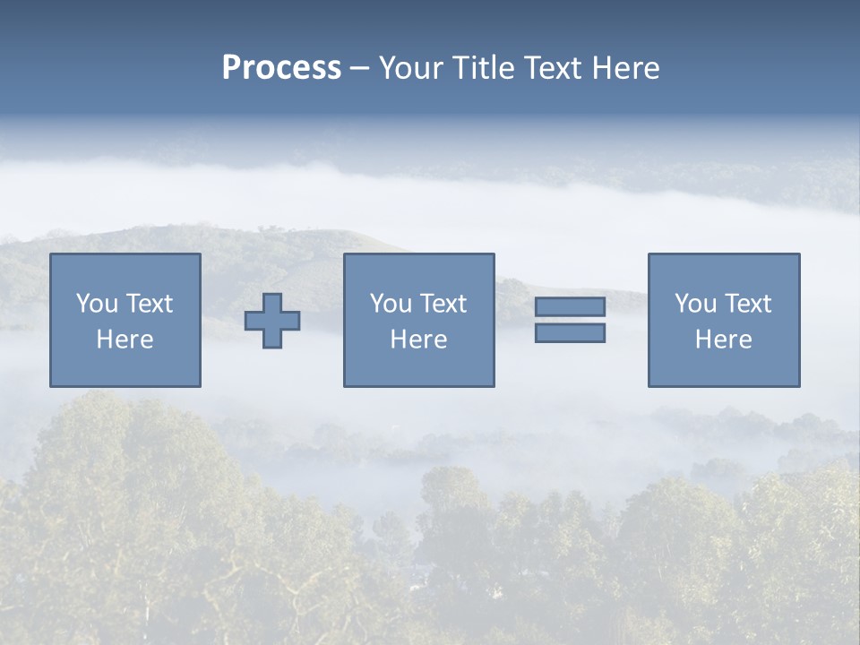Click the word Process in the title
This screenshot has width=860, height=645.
pyautogui.click(x=281, y=68)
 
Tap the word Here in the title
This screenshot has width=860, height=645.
pyautogui.click(x=624, y=68)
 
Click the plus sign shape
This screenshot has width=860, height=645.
pyautogui.click(x=272, y=321)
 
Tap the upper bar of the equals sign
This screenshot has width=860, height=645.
pyautogui.click(x=570, y=306)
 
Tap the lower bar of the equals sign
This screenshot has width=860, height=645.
pyautogui.click(x=570, y=333)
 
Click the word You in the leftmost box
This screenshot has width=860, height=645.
pyautogui.click(x=97, y=304)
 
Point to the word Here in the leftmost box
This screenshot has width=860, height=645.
pyautogui.click(x=125, y=340)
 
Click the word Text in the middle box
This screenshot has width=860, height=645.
pyautogui.click(x=444, y=304)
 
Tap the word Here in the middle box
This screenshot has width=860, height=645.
pyautogui.click(x=418, y=340)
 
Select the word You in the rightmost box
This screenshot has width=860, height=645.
pyautogui.click(x=695, y=304)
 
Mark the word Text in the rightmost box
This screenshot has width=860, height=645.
pyautogui.click(x=749, y=304)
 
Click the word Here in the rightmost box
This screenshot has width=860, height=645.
pyautogui.click(x=723, y=340)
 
